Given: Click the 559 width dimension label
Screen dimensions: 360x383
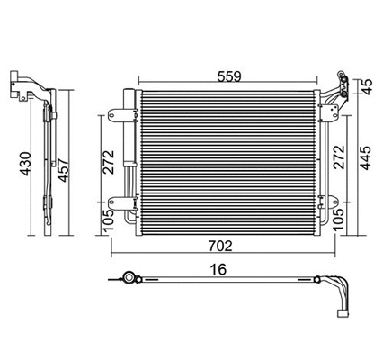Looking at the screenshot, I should pos(227,77).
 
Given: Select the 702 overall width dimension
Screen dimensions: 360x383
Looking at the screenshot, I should pos(221,245).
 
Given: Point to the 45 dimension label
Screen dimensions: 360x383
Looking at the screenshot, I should pos(367,87).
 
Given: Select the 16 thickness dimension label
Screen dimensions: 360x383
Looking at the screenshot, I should pos(218,267).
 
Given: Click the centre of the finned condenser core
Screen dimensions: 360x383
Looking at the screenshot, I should pos(225,160).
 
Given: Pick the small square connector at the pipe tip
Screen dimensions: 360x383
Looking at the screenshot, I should pos(342,314).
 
